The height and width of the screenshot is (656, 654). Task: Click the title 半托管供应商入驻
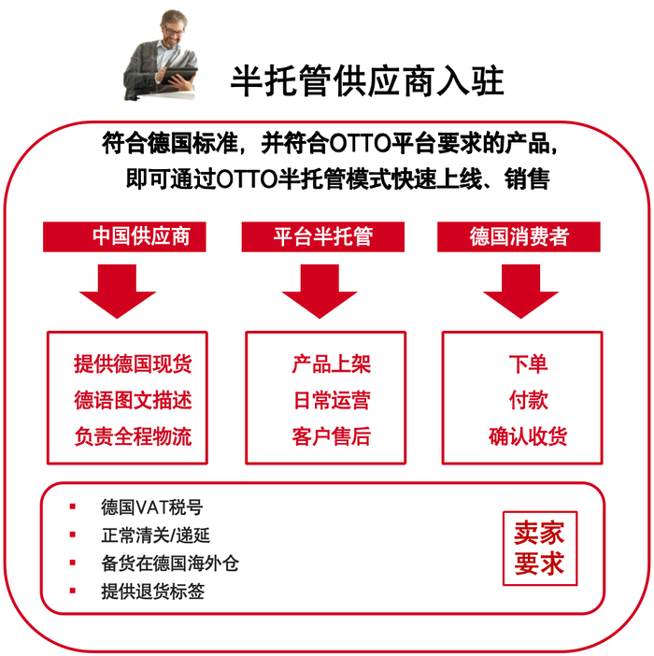(367, 81)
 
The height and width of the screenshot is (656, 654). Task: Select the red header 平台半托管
(322, 235)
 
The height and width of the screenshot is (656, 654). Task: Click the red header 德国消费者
(519, 235)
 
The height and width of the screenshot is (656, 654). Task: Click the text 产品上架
(332, 364)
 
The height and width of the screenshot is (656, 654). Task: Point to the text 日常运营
(332, 400)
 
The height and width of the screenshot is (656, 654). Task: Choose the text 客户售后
(332, 435)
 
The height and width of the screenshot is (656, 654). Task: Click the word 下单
(528, 364)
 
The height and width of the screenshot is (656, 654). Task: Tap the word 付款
(528, 400)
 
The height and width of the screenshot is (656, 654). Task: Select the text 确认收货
(528, 435)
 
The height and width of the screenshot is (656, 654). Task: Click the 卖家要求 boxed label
(539, 549)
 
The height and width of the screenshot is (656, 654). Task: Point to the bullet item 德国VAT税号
(151, 507)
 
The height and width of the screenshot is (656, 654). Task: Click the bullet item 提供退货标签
(152, 591)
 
